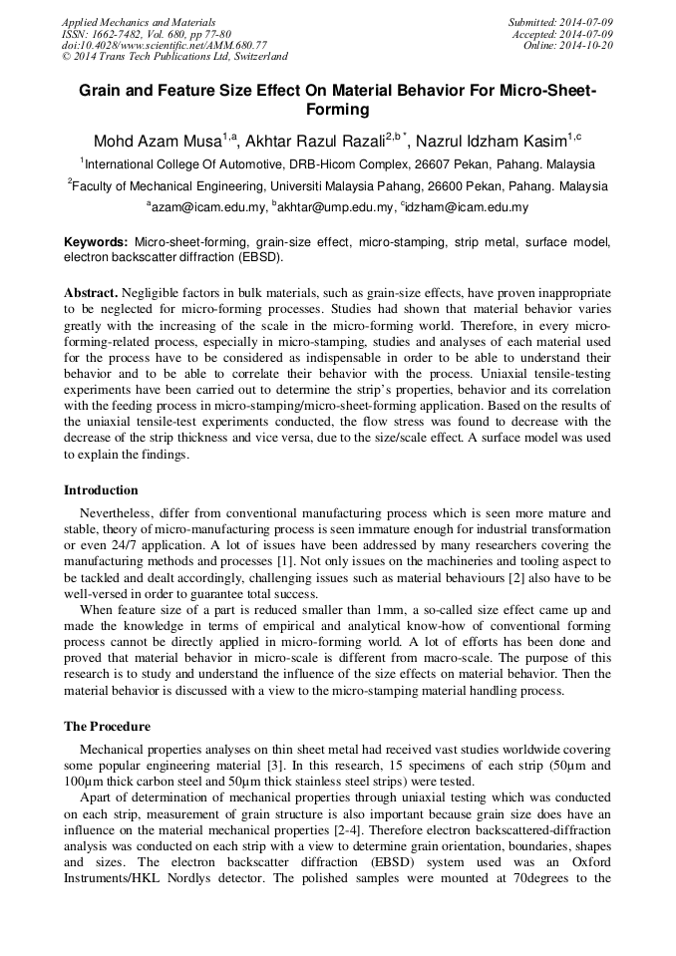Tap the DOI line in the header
pos(165,46)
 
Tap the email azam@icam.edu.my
pos(207,207)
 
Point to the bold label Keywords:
pos(96,242)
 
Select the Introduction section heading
pos(101,489)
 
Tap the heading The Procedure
pos(107,726)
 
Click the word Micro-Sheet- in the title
pos(541,92)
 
